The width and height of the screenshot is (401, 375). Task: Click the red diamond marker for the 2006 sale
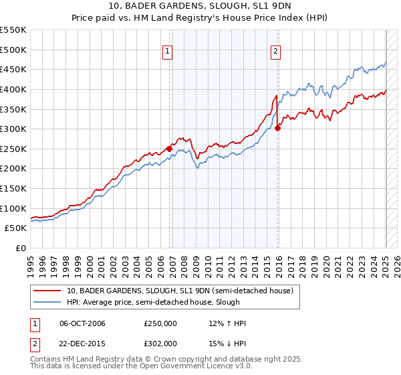click(x=169, y=149)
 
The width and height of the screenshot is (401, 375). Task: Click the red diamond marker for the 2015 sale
click(x=278, y=129)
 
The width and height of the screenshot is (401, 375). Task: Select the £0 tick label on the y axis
click(x=20, y=248)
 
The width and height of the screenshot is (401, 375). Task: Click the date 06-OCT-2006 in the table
click(x=82, y=323)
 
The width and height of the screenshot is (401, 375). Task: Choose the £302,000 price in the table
click(x=160, y=343)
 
